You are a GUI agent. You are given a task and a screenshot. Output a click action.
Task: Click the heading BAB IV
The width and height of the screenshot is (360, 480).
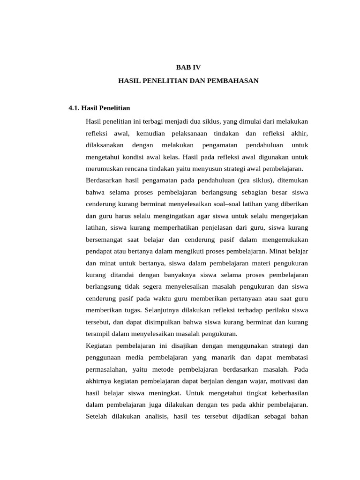coord(188,67)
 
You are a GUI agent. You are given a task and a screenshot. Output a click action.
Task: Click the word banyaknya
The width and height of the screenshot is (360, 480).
coord(179,275)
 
